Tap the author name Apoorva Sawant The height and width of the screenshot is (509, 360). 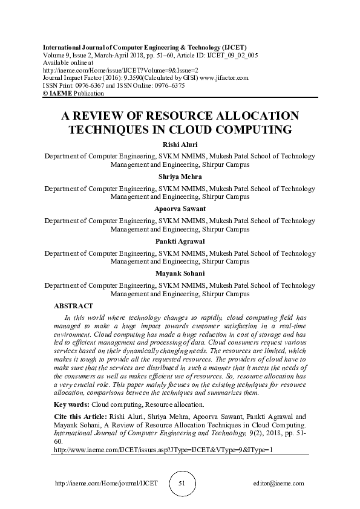click(180, 209)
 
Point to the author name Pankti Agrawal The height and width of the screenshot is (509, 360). click(180, 241)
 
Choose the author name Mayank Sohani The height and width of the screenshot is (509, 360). click(180, 273)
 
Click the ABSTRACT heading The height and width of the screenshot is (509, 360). click(73, 306)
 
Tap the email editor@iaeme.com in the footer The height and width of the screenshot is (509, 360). click(279, 484)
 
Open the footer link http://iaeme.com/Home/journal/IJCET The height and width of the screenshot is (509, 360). click(106, 484)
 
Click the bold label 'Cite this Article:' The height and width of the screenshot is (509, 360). click(80, 417)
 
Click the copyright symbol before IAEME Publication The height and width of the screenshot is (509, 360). click(45, 94)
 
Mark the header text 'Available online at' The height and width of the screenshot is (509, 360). click(68, 62)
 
